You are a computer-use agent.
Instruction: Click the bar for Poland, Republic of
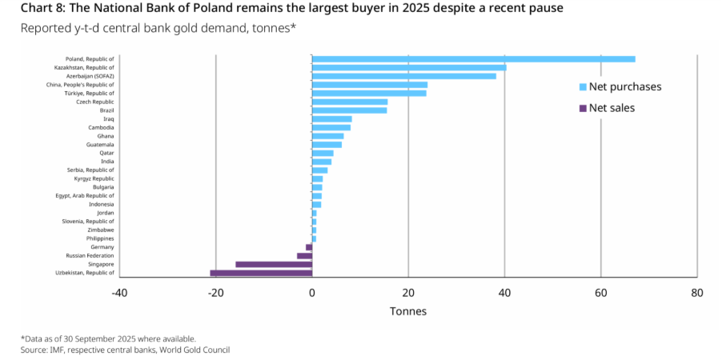click(472, 58)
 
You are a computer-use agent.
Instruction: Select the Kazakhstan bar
click(408, 67)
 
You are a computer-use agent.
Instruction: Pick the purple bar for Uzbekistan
click(261, 273)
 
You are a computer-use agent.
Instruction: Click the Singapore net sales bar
click(274, 264)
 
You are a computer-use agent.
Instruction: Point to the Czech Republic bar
click(349, 102)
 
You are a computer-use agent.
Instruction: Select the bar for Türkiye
click(368, 93)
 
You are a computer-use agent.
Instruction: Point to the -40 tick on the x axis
click(119, 293)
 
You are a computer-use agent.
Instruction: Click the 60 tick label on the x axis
click(600, 293)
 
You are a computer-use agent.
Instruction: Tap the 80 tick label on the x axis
click(696, 293)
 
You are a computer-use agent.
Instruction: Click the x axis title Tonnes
click(407, 311)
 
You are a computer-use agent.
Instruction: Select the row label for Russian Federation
click(90, 256)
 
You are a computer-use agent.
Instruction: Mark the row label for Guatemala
click(99, 145)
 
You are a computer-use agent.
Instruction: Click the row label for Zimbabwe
click(100, 230)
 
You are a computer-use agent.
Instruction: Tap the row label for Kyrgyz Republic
click(93, 178)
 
